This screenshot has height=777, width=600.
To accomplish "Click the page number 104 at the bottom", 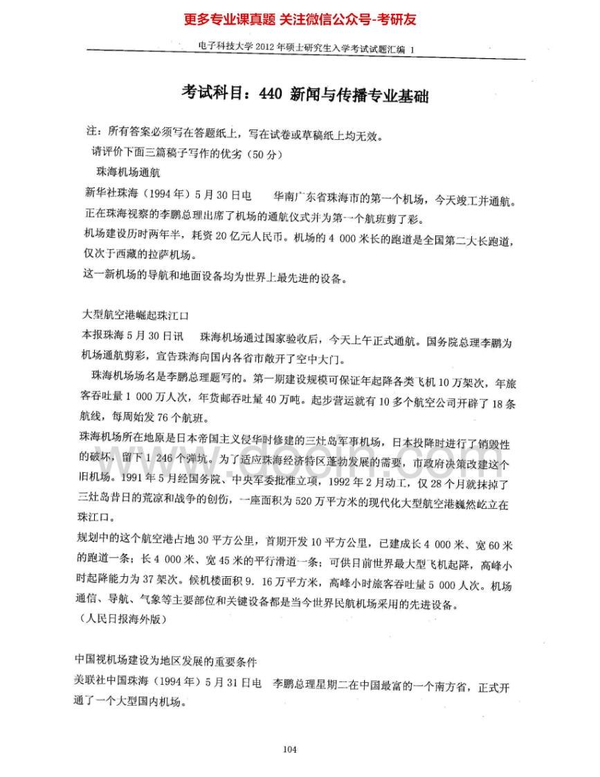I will click(x=290, y=749).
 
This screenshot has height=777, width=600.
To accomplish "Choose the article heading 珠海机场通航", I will click(x=129, y=171).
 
